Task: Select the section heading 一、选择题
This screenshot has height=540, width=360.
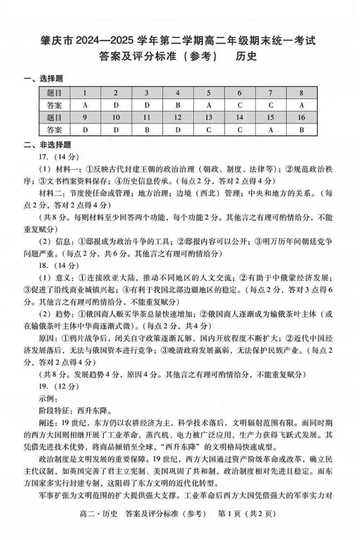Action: (x=44, y=79)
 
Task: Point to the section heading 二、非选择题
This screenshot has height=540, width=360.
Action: (x=47, y=145)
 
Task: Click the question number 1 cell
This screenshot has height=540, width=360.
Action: (x=85, y=93)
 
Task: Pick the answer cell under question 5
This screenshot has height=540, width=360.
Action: (x=209, y=105)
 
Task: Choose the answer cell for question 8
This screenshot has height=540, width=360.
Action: (x=301, y=105)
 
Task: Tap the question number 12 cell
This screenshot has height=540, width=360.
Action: (x=178, y=117)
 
